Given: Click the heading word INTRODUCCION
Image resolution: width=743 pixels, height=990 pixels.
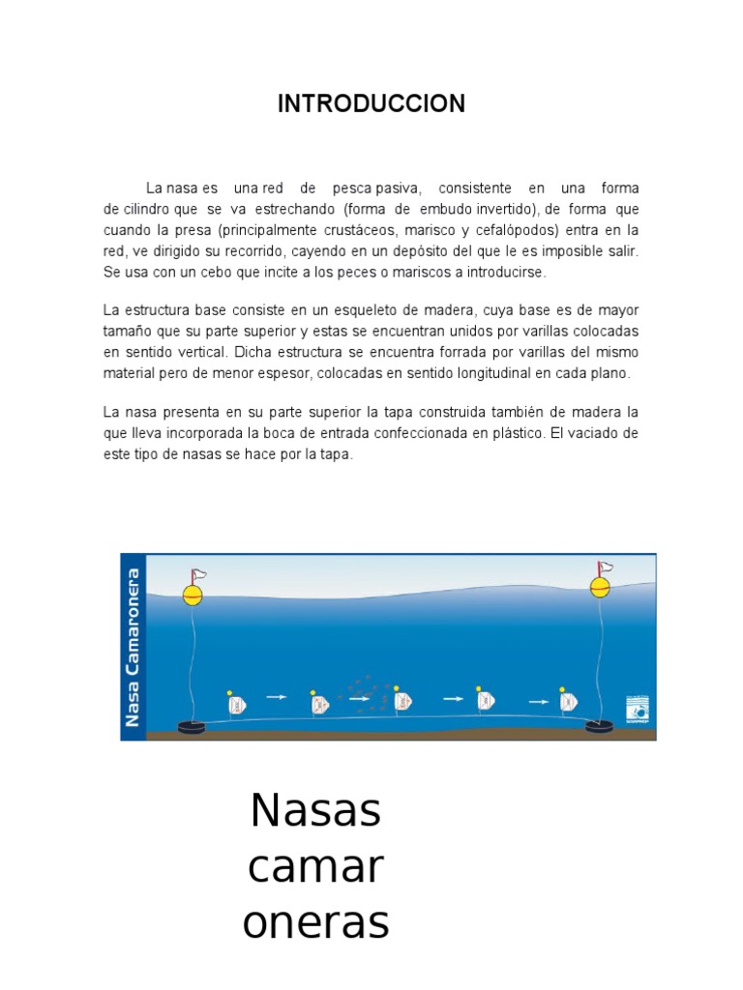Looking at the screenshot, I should pos(371,104).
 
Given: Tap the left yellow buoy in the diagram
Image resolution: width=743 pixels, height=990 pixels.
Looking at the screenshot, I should pos(193,594).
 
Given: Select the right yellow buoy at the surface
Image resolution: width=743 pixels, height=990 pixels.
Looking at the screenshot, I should pos(601,586).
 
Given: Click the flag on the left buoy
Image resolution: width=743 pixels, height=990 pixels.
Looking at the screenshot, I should pos(198,574).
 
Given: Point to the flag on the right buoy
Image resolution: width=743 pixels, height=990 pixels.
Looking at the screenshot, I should pos(607,567).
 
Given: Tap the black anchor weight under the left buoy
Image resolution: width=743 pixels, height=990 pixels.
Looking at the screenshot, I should pos(192,727).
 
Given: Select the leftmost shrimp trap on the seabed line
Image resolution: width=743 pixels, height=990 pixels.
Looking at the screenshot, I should pos(236,706).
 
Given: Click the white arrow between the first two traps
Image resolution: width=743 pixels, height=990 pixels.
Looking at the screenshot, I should pos(276,696).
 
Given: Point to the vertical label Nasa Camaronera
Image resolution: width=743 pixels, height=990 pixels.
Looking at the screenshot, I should pos(134,648).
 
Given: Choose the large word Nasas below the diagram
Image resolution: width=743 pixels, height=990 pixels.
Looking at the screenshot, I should pos(315,810).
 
